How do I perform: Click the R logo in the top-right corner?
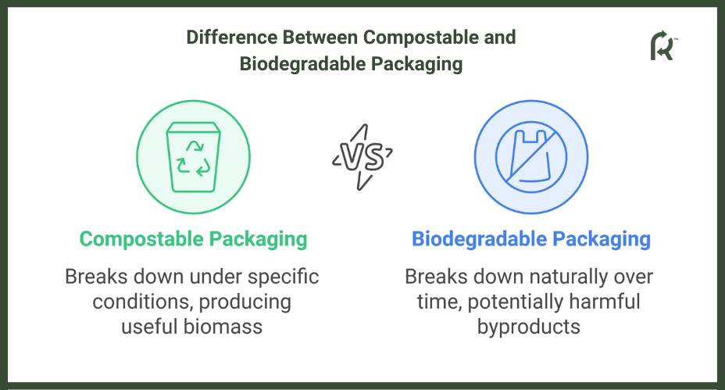click(x=663, y=45)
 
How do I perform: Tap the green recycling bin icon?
click(x=193, y=157)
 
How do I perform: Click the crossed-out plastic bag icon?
click(x=530, y=157)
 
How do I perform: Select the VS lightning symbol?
click(x=362, y=157)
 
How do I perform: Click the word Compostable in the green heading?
click(x=141, y=239)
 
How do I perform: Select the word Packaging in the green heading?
click(x=258, y=240)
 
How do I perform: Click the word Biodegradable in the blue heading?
click(x=479, y=239)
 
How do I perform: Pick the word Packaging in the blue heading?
click(x=602, y=240)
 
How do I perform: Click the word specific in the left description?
click(x=283, y=277)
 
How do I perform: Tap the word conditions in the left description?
click(x=142, y=302)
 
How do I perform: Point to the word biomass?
click(x=223, y=327)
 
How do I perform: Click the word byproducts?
click(x=528, y=327)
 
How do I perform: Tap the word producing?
click(x=245, y=302)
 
